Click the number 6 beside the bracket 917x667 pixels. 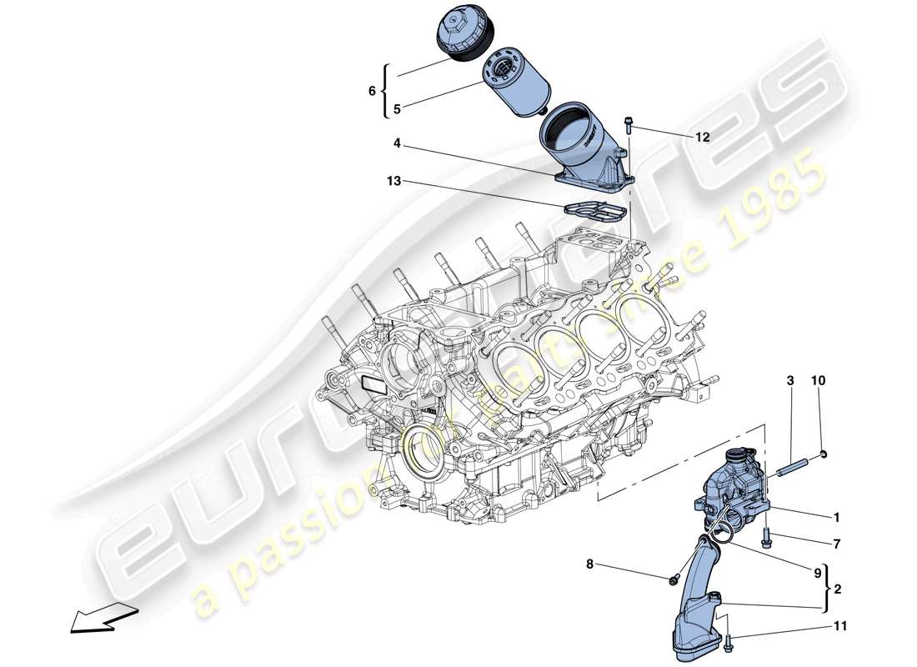373,93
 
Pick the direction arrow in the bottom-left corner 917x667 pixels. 96,619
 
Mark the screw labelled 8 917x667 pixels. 673,579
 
